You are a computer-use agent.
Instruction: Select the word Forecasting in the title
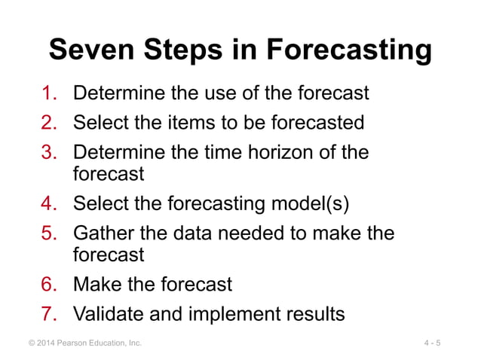pyautogui.click(x=349, y=50)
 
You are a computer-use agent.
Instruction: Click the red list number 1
pyautogui.click(x=51, y=93)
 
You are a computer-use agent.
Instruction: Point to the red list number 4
pyautogui.click(x=51, y=204)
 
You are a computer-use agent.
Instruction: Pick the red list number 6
pyautogui.click(x=51, y=285)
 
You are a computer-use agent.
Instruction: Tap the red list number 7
pyautogui.click(x=51, y=313)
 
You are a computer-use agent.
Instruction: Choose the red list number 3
pyautogui.click(x=51, y=152)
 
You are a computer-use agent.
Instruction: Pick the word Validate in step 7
pyautogui.click(x=109, y=313)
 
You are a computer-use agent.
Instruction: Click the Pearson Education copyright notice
pyautogui.click(x=84, y=343)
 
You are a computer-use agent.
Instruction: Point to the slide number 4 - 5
pyautogui.click(x=432, y=343)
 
